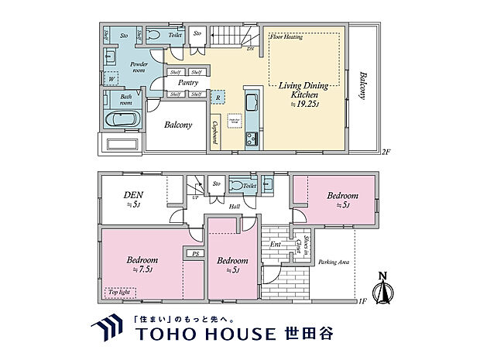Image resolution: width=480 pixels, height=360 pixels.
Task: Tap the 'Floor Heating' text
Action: coord(286,36)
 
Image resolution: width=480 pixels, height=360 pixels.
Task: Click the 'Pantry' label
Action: coord(187,82)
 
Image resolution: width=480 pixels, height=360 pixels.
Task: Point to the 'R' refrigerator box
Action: coord(219,98)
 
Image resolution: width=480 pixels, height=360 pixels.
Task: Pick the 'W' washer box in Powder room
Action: coord(111,78)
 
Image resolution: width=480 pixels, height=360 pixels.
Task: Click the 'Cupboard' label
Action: coord(214,137)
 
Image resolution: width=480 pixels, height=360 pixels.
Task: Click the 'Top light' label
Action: coord(120,293)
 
